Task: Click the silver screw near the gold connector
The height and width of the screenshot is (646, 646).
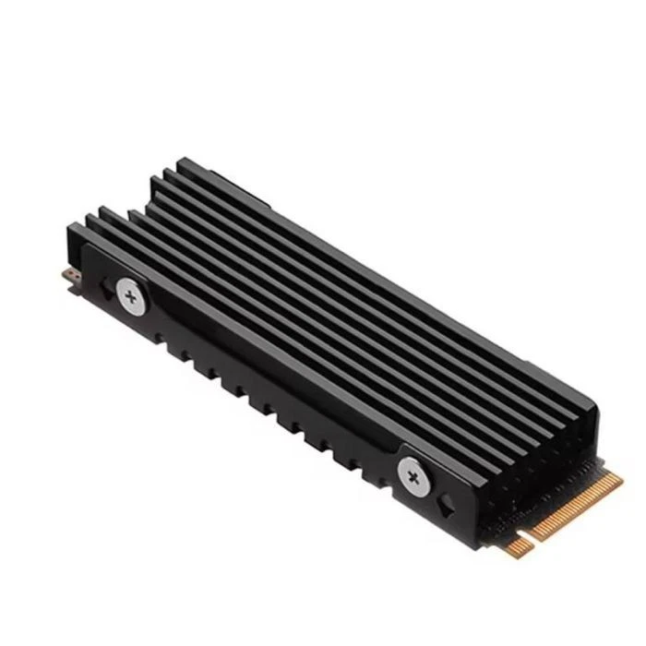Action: (x=413, y=476)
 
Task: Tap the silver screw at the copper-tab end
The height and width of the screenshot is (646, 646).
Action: (x=130, y=296)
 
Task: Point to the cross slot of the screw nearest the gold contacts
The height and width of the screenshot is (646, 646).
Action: (x=413, y=476)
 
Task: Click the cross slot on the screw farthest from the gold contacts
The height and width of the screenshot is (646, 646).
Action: (x=130, y=296)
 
